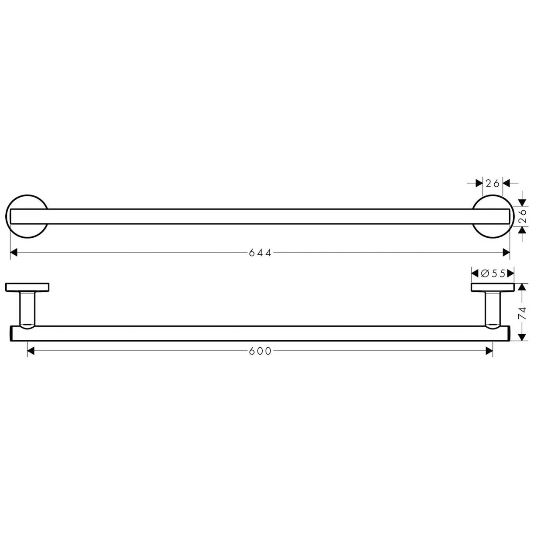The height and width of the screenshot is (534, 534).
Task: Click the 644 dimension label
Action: (x=260, y=253)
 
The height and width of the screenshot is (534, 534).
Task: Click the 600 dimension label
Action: (x=260, y=351)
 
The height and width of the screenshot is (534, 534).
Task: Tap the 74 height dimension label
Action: (x=522, y=313)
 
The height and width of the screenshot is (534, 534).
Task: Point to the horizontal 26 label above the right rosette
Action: (x=493, y=184)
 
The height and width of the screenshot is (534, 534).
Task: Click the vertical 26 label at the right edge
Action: (x=522, y=216)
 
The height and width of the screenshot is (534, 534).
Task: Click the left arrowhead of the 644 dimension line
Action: (x=14, y=253)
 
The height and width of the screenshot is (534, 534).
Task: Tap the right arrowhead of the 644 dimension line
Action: (x=507, y=253)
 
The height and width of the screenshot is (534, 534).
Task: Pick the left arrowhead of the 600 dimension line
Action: (x=31, y=351)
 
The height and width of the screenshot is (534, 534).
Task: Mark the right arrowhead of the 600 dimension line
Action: (x=489, y=351)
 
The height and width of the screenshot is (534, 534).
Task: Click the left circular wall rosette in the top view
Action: (x=27, y=216)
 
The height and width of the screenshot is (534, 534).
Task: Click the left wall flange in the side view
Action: (x=27, y=287)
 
